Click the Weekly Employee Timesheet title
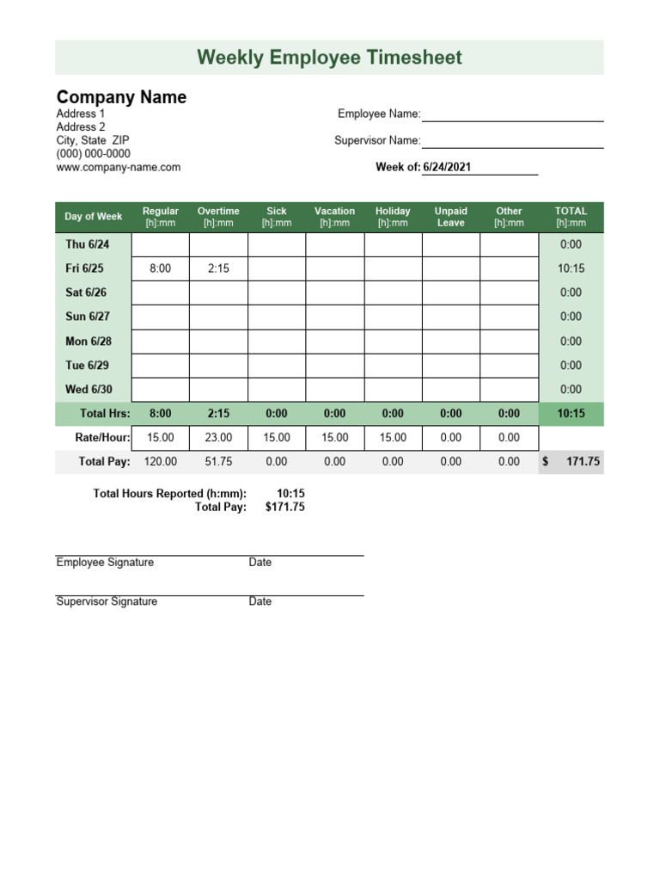click(329, 58)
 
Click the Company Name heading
click(121, 97)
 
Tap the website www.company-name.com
click(119, 167)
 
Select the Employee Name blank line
click(512, 114)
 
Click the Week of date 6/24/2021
click(447, 167)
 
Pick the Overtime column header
click(218, 217)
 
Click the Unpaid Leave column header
click(450, 217)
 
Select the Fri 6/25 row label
click(84, 268)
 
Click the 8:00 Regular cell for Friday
click(161, 268)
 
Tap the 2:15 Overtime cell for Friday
click(218, 268)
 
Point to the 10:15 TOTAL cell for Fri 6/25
click(571, 268)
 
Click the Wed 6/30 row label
click(88, 389)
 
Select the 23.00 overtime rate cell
click(218, 437)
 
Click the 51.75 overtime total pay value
click(218, 461)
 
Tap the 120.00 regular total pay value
click(161, 461)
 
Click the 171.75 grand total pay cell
click(583, 461)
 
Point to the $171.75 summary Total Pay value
click(284, 507)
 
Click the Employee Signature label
click(105, 562)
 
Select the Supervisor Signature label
click(107, 601)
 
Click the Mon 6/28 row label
click(89, 341)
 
